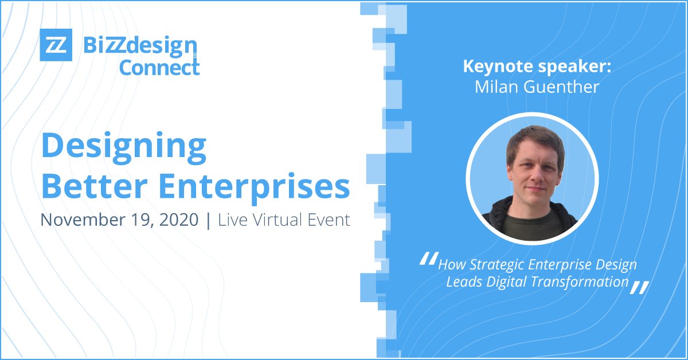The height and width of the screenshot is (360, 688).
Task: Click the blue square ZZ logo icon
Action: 56,44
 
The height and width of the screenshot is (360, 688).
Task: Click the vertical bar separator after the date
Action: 208,220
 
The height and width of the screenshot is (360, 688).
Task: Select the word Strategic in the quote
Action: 493,265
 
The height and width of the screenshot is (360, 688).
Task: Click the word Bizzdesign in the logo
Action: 140,45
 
